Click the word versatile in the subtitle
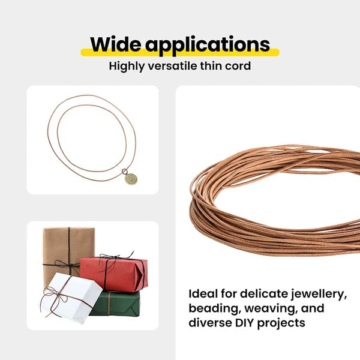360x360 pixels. pyautogui.click(x=175, y=65)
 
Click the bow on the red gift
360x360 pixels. pyautogui.click(x=110, y=259)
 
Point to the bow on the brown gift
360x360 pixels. pyautogui.click(x=68, y=265)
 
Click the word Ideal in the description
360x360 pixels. pyautogui.click(x=203, y=294)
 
